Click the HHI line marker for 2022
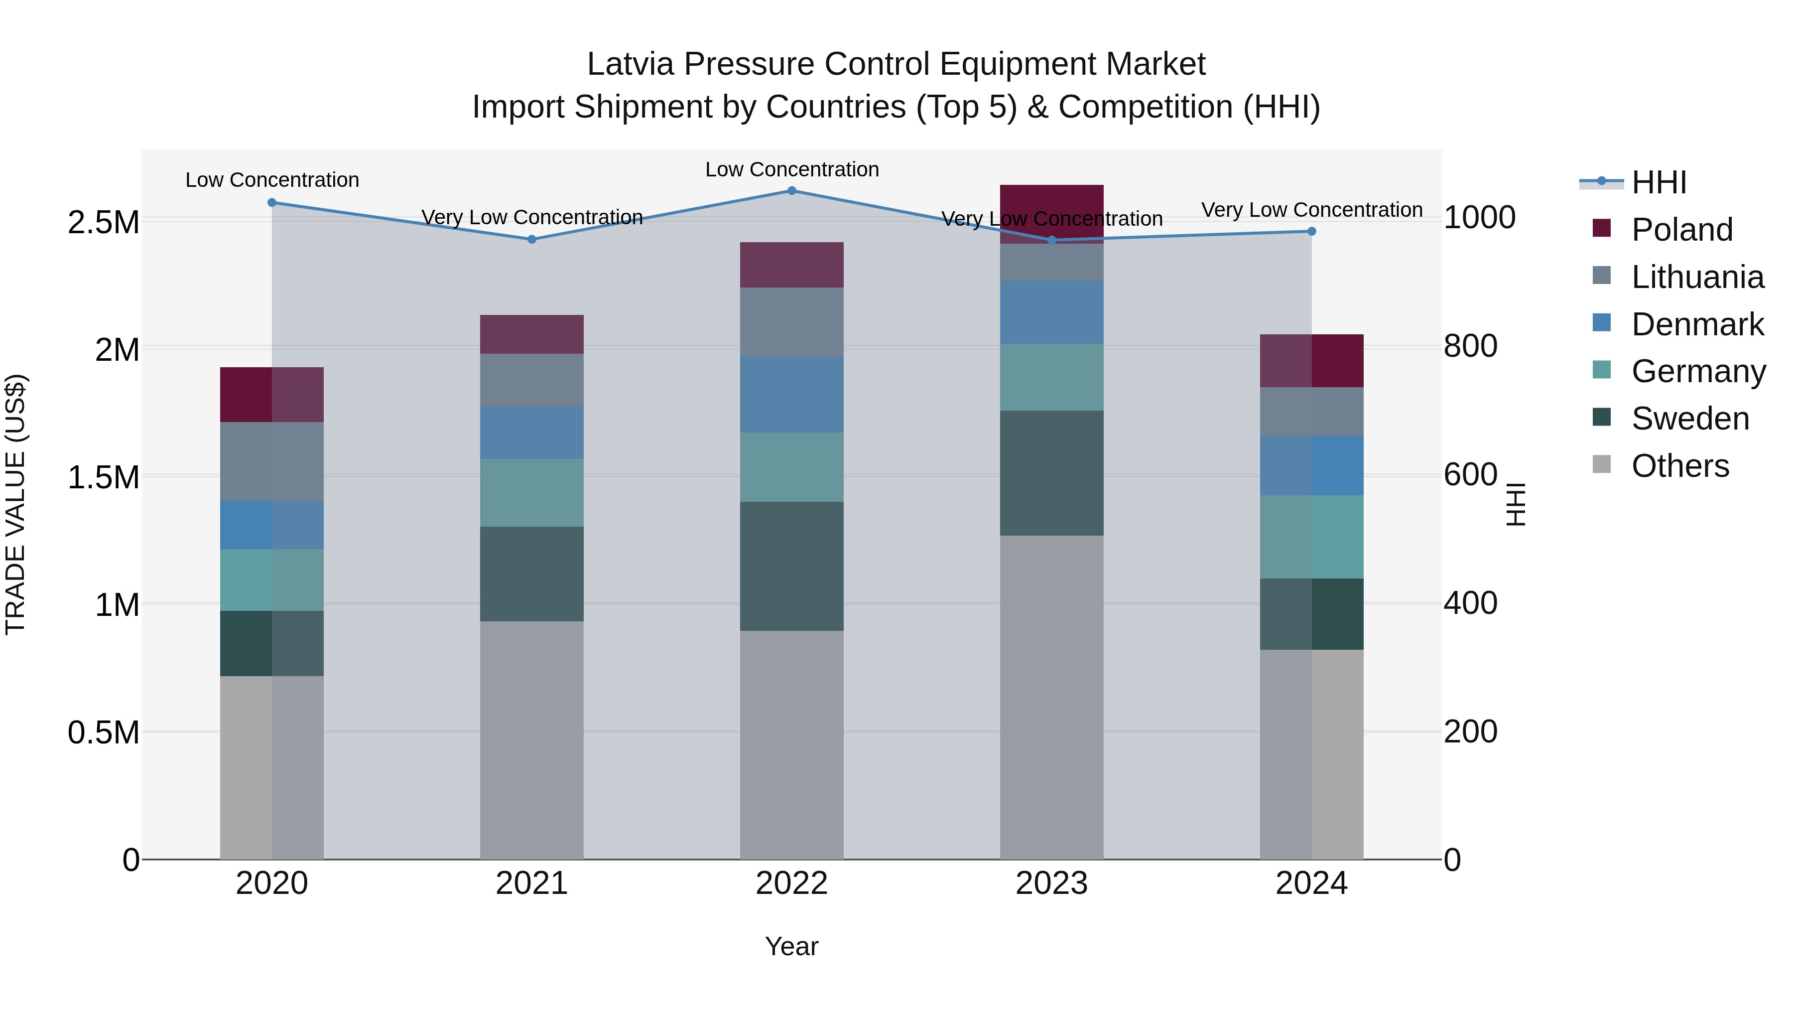(x=791, y=191)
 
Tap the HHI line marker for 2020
(x=272, y=203)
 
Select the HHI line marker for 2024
(x=1311, y=231)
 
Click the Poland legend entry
(x=1681, y=230)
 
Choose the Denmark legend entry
(x=1697, y=324)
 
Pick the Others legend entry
(x=1679, y=466)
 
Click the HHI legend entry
(x=1658, y=182)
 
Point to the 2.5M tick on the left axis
(x=103, y=223)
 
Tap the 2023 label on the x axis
(x=1051, y=883)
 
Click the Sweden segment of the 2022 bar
(x=791, y=566)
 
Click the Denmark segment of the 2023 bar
(x=1051, y=312)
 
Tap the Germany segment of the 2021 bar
(x=532, y=492)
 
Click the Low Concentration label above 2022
(x=791, y=170)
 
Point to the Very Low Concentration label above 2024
(x=1311, y=210)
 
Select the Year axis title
(x=791, y=946)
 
